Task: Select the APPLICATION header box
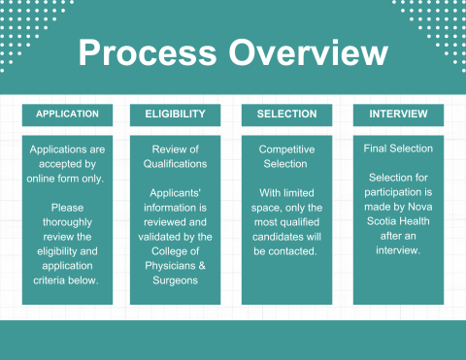pos(67,115)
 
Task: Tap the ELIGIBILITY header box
pos(175,115)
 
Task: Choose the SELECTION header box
pos(286,115)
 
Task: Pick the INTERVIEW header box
pos(398,115)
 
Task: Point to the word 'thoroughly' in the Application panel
pos(67,222)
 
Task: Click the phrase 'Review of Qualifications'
pos(175,156)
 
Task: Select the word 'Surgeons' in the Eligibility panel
pos(175,280)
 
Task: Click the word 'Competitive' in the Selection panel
pos(286,149)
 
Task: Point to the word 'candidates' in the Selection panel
pos(286,237)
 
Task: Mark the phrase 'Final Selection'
pos(398,149)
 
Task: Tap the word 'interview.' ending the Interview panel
pos(398,251)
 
